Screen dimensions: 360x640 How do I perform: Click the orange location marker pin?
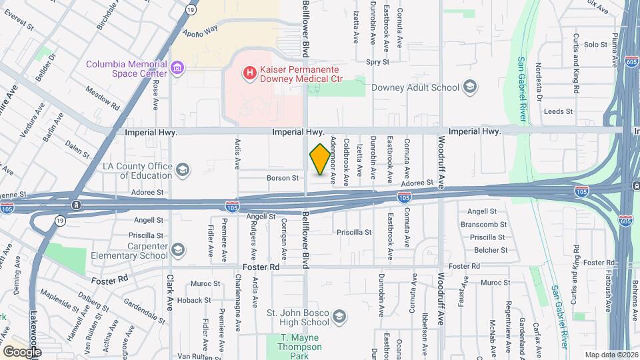[x=320, y=159]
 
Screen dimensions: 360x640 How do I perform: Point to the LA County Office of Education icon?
[x=182, y=171]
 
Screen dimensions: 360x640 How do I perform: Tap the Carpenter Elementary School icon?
[x=177, y=250]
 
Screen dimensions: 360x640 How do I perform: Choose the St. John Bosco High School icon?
[x=339, y=316]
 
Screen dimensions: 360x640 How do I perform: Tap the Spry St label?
[x=377, y=61]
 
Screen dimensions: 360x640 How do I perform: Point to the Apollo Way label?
[x=201, y=30]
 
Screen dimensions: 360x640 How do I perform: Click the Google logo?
[x=22, y=351]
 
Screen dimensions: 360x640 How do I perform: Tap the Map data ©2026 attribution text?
[x=611, y=355]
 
